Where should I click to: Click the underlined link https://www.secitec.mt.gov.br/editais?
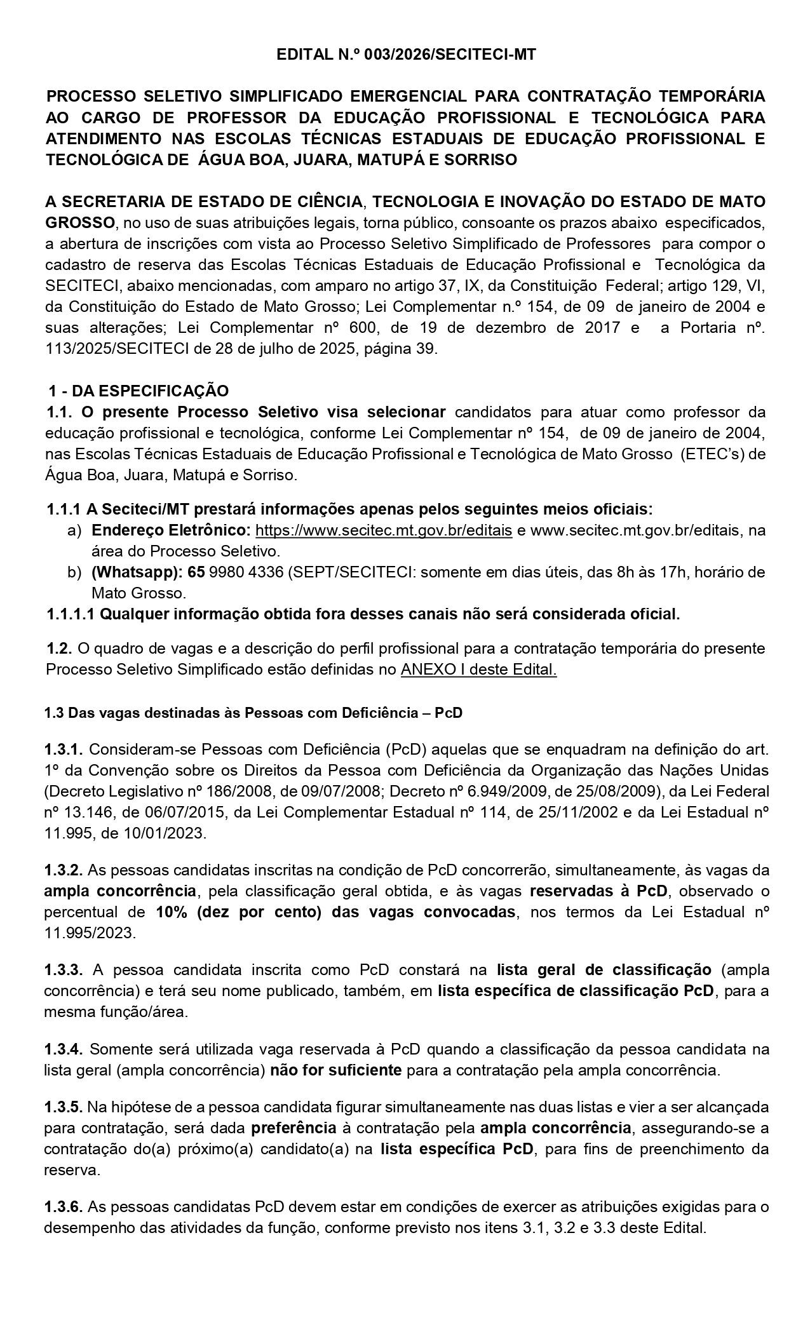[383, 530]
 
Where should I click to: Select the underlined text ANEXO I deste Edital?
[478, 670]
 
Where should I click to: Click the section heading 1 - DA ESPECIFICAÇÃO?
[138, 390]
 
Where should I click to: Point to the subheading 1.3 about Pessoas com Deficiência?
[253, 713]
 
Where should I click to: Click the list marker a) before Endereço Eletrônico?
[74, 530]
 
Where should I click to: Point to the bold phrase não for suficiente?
[335, 1070]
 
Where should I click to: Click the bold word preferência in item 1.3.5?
[294, 1129]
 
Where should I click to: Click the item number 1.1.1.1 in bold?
[71, 614]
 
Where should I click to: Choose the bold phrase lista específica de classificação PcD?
[576, 991]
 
